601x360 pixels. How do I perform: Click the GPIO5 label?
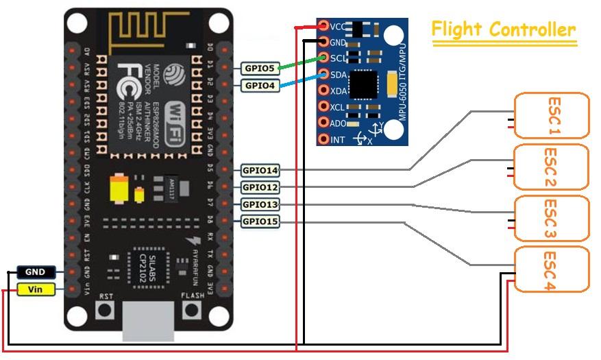click(259, 68)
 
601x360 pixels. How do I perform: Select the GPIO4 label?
click(259, 86)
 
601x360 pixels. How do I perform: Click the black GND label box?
click(35, 272)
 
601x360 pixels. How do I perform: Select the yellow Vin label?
click(35, 289)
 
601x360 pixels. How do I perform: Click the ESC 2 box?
click(551, 167)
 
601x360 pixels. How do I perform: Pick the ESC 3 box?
click(551, 218)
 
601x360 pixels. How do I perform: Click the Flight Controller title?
click(503, 30)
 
